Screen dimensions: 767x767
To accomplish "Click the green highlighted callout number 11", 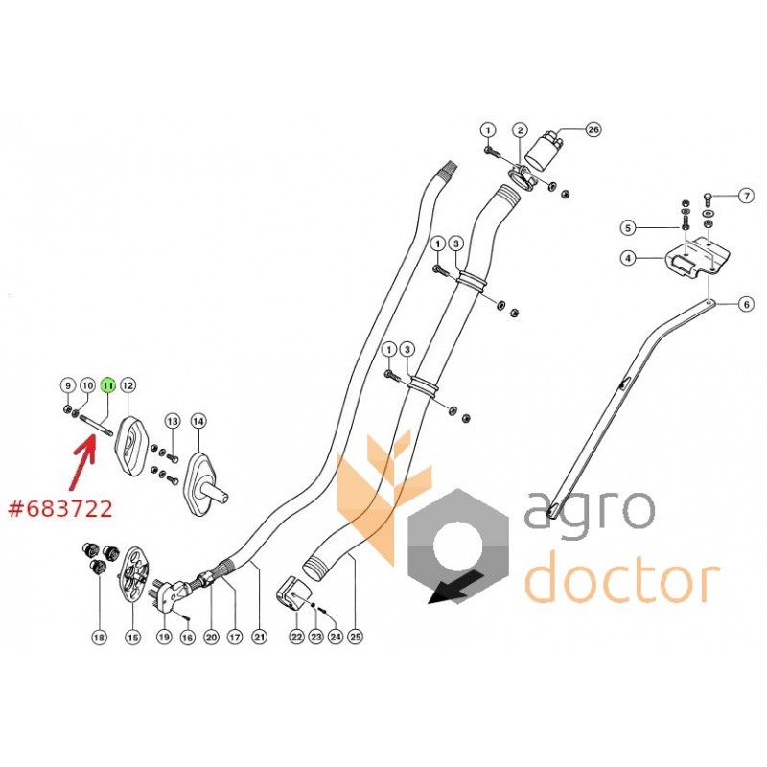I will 107,384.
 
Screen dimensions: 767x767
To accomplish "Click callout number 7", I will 746,197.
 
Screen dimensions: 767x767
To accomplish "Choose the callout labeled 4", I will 626,257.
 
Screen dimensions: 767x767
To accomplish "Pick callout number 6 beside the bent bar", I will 746,306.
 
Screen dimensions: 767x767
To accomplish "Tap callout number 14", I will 198,420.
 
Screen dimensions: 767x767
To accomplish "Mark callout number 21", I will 258,636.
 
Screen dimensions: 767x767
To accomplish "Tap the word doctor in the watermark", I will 623,580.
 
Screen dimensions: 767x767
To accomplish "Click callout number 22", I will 296,636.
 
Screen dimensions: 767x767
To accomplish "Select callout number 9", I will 68,384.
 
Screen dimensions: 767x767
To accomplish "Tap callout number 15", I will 133,636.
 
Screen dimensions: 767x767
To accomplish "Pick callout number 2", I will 520,129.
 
